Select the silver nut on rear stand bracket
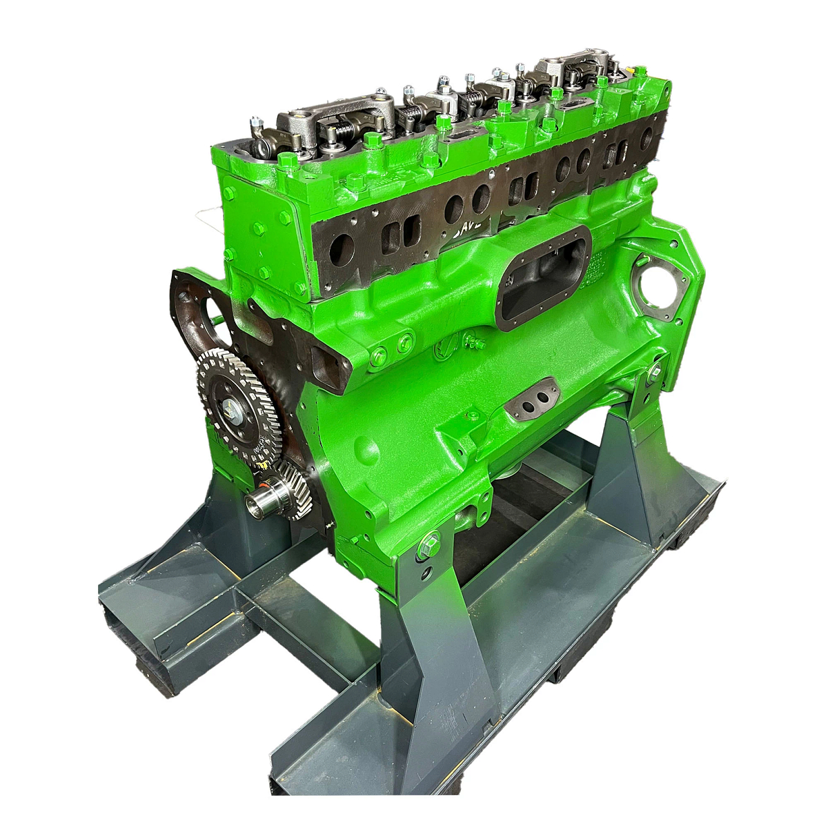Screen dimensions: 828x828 click(654, 373)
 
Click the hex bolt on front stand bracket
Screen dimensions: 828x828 click(428, 546)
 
